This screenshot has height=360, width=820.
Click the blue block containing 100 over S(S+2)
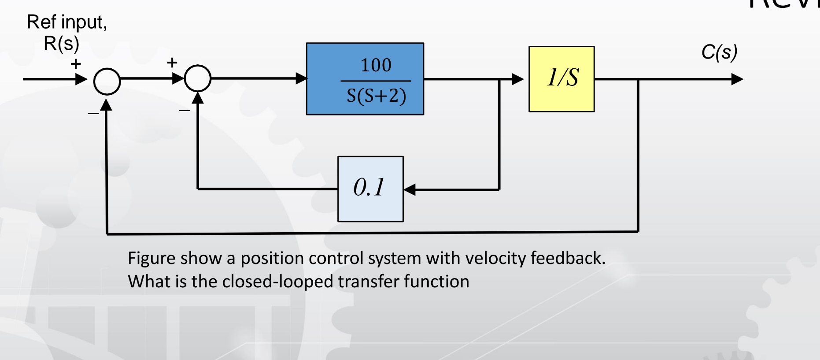coord(365,79)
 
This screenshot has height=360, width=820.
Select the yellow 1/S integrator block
coord(561,79)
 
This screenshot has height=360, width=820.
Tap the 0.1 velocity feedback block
coord(370,189)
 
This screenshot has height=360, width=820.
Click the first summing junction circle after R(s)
coord(107,82)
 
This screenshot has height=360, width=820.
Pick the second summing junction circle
coord(198,78)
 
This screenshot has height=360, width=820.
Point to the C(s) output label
coord(719,52)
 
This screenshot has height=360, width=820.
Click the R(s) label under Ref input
coord(61,44)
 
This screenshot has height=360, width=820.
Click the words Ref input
coord(66,22)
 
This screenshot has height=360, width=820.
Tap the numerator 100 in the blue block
coord(376,65)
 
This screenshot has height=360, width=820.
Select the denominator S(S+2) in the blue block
coord(376,96)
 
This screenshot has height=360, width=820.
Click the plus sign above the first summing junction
coord(76,64)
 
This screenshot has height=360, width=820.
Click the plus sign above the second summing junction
coord(172,63)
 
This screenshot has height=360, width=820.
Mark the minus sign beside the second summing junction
coord(184,110)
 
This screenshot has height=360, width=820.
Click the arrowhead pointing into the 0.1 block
coord(410,189)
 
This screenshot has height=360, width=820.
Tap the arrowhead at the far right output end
coord(737,79)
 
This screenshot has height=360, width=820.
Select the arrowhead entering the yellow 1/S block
coord(517,79)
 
